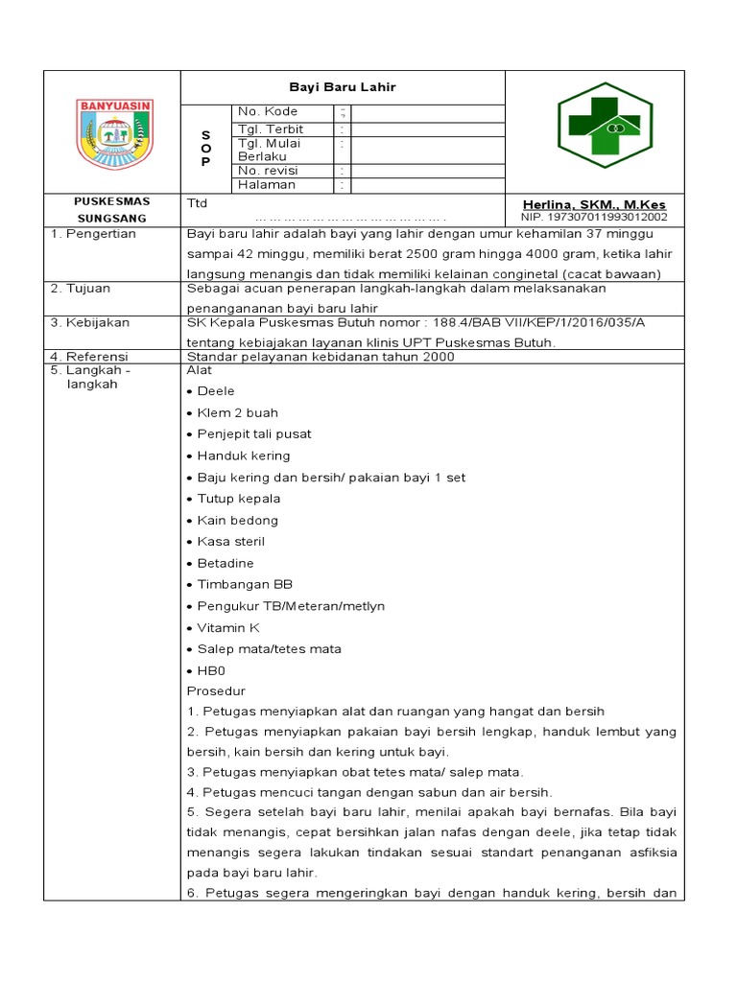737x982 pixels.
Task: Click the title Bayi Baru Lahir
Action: [x=344, y=87]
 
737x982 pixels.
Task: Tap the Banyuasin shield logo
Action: [x=116, y=134]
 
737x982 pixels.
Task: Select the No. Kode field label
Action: [x=268, y=112]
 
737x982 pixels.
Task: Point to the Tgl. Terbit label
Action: [x=271, y=129]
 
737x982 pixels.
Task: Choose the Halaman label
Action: [x=267, y=184]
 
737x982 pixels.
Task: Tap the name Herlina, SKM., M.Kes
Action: [x=594, y=205]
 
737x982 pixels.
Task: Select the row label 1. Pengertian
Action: [x=93, y=234]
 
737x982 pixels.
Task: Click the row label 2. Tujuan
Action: [x=83, y=288]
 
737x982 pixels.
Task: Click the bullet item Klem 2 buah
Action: [x=237, y=412]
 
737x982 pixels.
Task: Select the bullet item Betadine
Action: [x=226, y=563]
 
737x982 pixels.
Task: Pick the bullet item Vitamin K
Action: [x=228, y=627]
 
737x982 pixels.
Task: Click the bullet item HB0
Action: [x=211, y=670]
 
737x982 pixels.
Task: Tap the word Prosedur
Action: [x=216, y=690]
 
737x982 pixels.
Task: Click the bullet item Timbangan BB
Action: [x=245, y=584]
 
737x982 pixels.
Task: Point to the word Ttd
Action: [x=197, y=203]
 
